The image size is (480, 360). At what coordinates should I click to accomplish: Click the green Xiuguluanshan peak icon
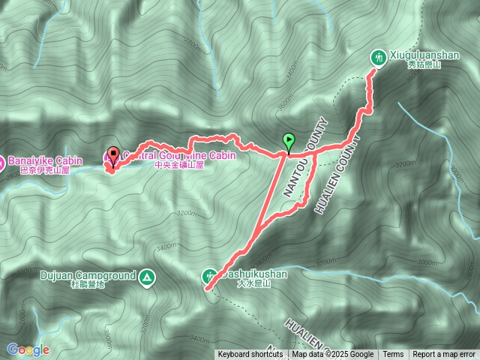pyautogui.click(x=379, y=57)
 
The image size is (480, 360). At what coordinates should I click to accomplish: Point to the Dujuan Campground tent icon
pyautogui.click(x=148, y=277)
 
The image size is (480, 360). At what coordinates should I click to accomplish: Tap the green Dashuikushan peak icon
pyautogui.click(x=209, y=276)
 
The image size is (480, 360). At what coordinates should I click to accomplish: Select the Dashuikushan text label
pyautogui.click(x=255, y=274)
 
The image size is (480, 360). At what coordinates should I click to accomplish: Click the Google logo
pyautogui.click(x=28, y=349)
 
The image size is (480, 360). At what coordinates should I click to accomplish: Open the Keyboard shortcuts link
pyautogui.click(x=250, y=355)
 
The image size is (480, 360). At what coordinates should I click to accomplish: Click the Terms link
pyautogui.click(x=393, y=355)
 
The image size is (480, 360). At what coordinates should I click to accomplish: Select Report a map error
pyautogui.click(x=444, y=355)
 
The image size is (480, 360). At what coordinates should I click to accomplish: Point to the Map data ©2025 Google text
pyautogui.click(x=333, y=355)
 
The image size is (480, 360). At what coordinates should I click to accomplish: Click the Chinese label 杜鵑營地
pyautogui.click(x=88, y=285)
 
